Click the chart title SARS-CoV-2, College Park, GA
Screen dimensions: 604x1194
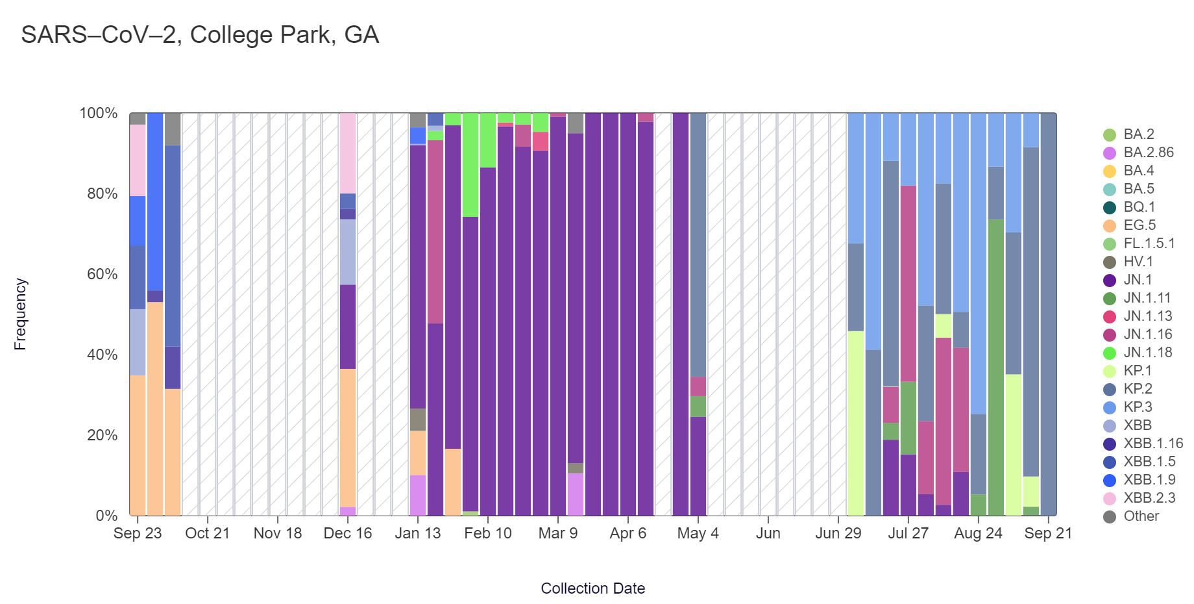(200, 35)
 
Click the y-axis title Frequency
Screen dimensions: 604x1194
(20, 314)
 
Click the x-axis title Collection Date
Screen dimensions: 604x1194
(592, 588)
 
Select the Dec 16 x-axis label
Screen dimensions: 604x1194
(348, 533)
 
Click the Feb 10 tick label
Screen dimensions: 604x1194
(488, 533)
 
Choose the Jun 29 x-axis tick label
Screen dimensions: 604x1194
(838, 533)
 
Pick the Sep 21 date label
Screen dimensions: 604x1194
(1048, 533)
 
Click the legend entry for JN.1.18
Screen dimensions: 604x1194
(1148, 353)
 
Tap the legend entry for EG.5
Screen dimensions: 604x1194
(1139, 225)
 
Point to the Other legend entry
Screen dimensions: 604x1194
(1141, 516)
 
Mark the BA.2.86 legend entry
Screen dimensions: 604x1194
(1149, 153)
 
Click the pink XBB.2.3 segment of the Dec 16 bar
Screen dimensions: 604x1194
(348, 153)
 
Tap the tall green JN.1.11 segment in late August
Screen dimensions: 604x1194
(996, 367)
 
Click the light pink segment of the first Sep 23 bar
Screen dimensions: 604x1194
(138, 160)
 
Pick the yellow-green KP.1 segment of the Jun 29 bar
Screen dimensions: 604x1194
(856, 423)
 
